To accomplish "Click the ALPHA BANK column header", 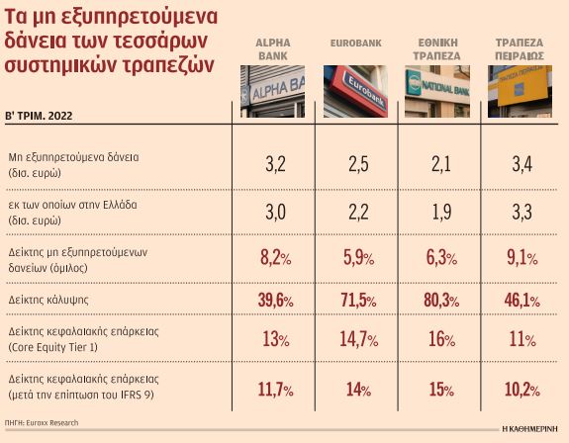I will click(x=272, y=49).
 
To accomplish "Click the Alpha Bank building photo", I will click(x=272, y=91).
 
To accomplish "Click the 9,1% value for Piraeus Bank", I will click(x=524, y=259).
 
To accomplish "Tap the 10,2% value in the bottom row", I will click(x=524, y=390).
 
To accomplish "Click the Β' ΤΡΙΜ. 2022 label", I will click(x=43, y=117).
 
